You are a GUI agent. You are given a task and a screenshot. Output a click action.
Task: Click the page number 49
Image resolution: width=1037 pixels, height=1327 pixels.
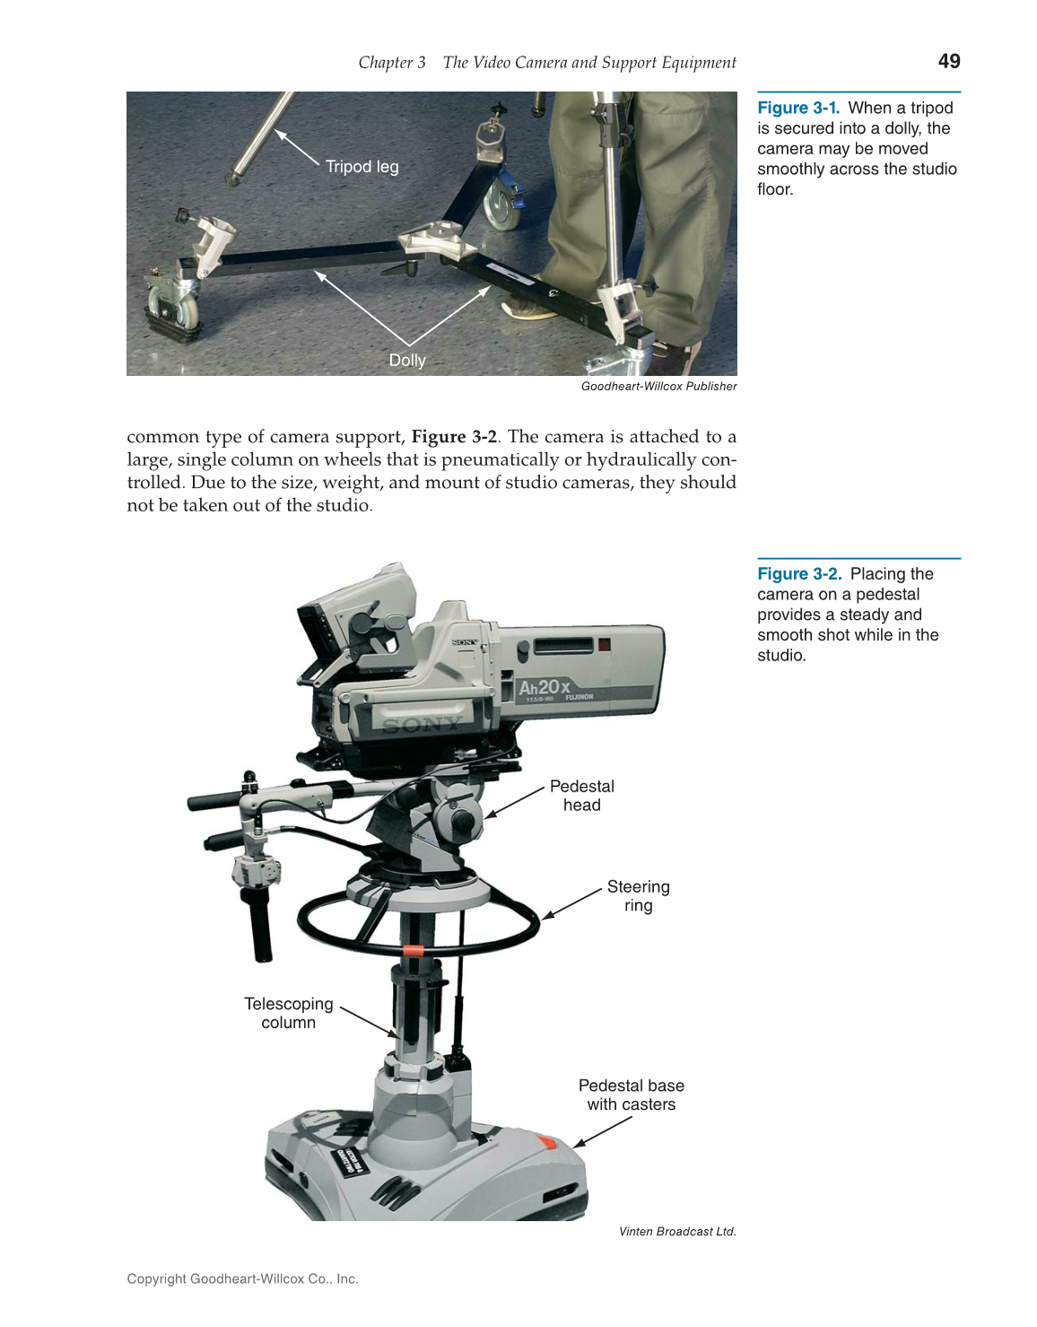point(948,61)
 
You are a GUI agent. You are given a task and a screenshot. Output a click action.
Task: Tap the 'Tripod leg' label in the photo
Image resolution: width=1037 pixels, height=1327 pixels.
point(362,167)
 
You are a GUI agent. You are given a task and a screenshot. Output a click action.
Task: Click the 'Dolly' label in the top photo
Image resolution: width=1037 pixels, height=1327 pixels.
point(406,360)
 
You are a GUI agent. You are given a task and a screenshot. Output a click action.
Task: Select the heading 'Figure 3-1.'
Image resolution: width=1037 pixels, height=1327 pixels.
point(798,108)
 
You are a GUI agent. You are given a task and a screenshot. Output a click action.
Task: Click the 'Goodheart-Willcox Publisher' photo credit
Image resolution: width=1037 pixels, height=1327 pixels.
point(658,387)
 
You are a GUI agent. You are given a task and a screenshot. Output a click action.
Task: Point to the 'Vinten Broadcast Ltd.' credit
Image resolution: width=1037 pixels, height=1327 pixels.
point(677,1232)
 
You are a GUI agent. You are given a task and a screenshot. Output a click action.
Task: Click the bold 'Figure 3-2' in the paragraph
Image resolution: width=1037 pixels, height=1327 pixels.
point(454,437)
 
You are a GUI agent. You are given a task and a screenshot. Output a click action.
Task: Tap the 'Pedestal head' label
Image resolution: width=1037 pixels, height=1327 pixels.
point(581,796)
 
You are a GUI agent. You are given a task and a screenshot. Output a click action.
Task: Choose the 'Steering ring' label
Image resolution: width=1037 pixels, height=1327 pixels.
point(638,895)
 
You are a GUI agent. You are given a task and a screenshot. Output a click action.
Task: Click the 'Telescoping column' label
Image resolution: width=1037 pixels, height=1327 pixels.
point(288,1013)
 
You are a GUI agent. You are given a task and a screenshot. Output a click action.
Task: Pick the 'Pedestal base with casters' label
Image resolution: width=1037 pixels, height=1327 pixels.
point(631,1095)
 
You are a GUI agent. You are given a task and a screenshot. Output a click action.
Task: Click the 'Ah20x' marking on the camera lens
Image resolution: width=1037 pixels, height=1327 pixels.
point(544,688)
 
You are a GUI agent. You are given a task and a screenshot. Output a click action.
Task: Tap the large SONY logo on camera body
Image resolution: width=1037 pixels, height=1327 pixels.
point(422,724)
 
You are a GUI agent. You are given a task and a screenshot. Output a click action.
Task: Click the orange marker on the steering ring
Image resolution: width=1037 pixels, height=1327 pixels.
point(414,950)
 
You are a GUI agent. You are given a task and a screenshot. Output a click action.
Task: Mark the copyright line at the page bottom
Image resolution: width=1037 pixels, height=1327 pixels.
point(242,1279)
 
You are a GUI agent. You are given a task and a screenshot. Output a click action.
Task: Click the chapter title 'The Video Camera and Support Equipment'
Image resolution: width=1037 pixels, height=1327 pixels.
point(589,63)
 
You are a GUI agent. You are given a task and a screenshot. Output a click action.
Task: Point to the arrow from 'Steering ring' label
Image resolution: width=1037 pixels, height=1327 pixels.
point(571,904)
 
